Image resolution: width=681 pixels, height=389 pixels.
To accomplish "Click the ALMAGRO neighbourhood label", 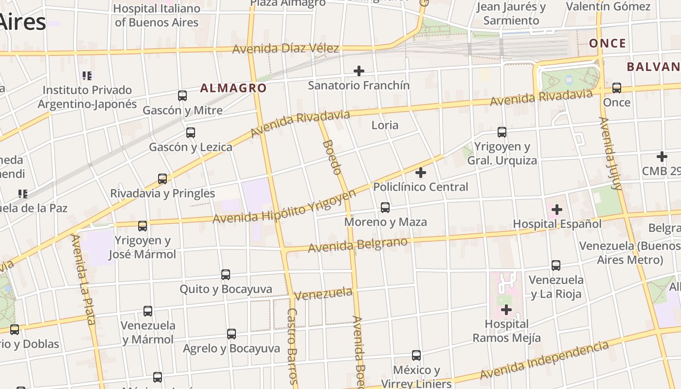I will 233,88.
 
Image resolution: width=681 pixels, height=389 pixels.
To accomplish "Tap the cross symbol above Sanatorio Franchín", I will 358,71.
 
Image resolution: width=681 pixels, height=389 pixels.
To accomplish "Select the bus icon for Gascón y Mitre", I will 182,96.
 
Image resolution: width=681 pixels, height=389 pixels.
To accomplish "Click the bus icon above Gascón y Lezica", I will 191,132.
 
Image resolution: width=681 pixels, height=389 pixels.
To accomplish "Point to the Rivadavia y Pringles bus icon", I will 162,178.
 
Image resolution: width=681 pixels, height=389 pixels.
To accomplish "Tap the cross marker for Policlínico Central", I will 421,173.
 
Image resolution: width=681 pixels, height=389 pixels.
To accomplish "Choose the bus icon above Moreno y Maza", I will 385,208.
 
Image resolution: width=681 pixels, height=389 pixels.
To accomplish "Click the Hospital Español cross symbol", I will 557,210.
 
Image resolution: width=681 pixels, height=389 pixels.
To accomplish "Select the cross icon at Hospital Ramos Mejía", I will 506,309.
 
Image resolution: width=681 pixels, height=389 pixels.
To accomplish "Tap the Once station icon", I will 617,88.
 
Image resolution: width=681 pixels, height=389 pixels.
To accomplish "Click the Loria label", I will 385,125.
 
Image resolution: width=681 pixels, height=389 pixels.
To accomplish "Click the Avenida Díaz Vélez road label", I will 286,49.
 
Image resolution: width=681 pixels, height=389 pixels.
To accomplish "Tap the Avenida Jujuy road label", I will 611,153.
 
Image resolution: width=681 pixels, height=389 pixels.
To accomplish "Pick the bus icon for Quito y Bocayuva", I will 226,275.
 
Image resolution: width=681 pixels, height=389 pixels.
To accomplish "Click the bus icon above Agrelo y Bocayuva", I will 232,334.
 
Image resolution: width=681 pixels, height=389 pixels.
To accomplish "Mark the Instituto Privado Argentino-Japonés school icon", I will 87,76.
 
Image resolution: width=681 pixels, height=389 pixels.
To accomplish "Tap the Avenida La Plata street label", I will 83,279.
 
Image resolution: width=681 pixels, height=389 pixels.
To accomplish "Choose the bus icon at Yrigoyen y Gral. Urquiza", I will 502,132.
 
